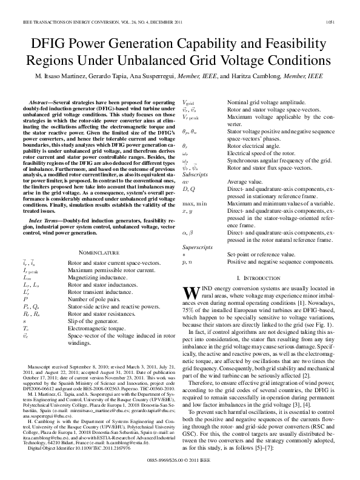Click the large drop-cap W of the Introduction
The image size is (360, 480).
coord(190,293)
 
